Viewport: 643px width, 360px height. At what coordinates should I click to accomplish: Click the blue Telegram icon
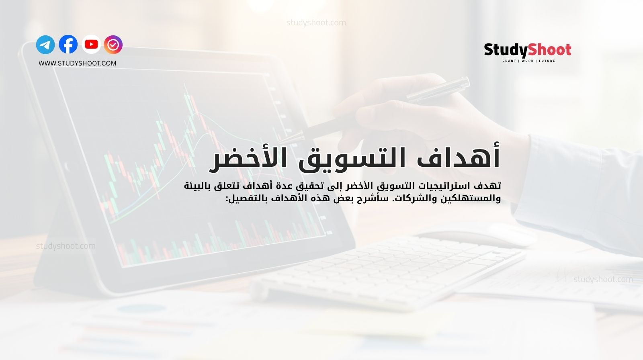(45, 45)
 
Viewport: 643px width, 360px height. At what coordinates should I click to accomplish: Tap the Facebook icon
(68, 45)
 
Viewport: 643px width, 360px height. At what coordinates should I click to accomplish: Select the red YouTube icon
(91, 44)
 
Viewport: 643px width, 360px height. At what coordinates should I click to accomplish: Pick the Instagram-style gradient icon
(113, 45)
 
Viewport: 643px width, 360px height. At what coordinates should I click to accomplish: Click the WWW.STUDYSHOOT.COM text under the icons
(78, 63)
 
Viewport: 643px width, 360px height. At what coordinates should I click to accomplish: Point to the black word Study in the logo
(506, 50)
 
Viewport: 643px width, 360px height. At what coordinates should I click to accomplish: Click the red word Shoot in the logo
(549, 50)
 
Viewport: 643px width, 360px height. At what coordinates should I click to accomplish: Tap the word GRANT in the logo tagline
(509, 61)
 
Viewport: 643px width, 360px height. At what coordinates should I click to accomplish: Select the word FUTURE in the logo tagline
(547, 61)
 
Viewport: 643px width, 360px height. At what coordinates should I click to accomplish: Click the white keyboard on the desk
(386, 265)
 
